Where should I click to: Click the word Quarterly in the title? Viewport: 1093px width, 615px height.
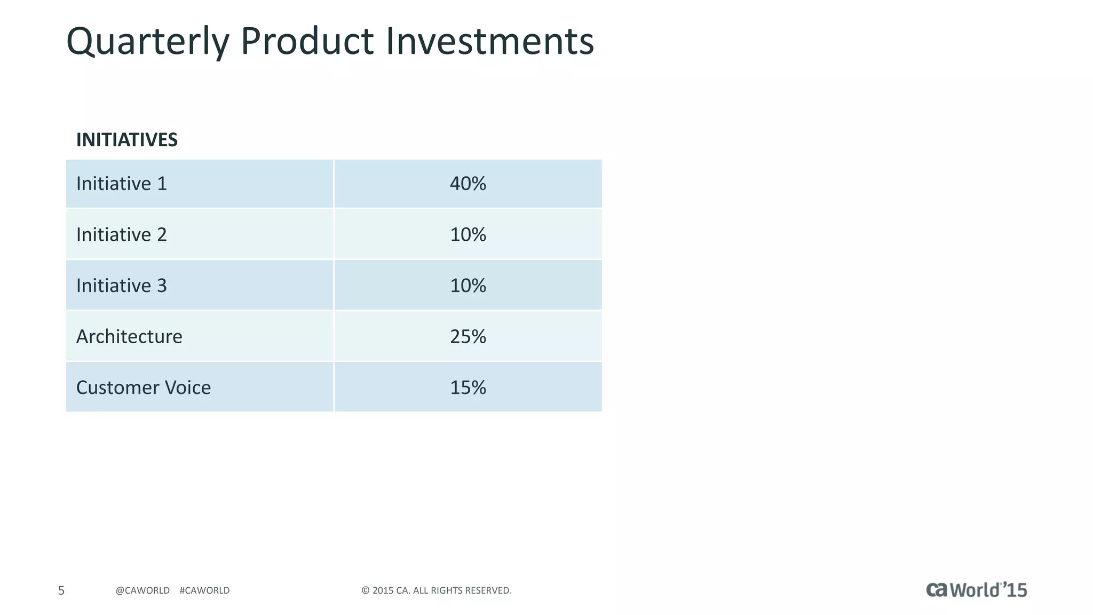148,42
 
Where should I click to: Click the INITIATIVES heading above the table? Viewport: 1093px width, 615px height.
127,140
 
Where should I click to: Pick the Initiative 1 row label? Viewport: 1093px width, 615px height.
122,184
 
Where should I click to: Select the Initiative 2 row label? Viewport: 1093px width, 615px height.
122,234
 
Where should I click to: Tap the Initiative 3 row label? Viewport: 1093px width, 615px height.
122,286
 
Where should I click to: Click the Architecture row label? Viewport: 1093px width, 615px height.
129,336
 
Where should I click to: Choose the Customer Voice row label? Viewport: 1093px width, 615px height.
144,388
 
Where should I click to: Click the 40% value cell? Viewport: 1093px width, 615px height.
468,184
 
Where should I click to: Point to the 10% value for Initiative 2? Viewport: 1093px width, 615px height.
468,234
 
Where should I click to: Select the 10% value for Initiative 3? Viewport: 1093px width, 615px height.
468,286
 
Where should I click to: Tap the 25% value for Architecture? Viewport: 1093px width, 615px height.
468,336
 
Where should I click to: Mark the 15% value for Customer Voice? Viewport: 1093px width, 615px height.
468,388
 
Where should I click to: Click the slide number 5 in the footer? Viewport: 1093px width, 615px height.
61,590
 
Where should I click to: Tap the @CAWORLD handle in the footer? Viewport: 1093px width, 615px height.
142,590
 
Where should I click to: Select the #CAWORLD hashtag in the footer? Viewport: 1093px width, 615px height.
204,590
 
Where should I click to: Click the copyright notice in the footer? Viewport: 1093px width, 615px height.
437,590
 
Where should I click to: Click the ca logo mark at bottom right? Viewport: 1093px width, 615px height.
937,589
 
